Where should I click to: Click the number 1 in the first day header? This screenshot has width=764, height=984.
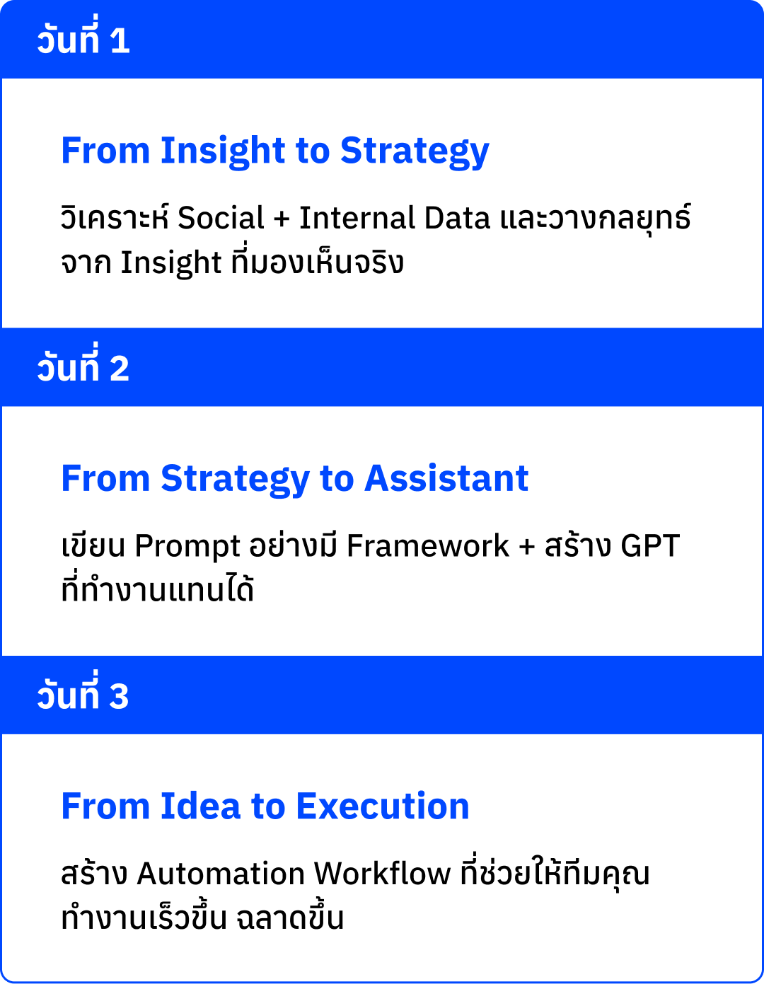pyautogui.click(x=120, y=40)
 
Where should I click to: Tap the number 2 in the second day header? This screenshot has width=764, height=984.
pyautogui.click(x=120, y=369)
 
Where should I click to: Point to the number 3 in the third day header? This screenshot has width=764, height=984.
pyautogui.click(x=119, y=696)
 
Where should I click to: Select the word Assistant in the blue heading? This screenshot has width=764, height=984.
pyautogui.click(x=446, y=479)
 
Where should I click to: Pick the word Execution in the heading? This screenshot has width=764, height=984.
pyautogui.click(x=382, y=806)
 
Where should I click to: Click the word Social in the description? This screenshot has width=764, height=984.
pyautogui.click(x=221, y=218)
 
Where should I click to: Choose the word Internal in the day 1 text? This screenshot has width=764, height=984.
pyautogui.click(x=357, y=218)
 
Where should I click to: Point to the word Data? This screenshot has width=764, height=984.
pyautogui.click(x=457, y=218)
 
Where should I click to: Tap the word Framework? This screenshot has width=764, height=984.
pyautogui.click(x=427, y=546)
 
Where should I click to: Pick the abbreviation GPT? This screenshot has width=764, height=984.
pyautogui.click(x=649, y=546)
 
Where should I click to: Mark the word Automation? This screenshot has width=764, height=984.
pyautogui.click(x=221, y=874)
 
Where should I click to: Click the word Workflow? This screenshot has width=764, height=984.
pyautogui.click(x=382, y=874)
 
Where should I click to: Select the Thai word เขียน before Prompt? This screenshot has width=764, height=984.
pyautogui.click(x=93, y=546)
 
